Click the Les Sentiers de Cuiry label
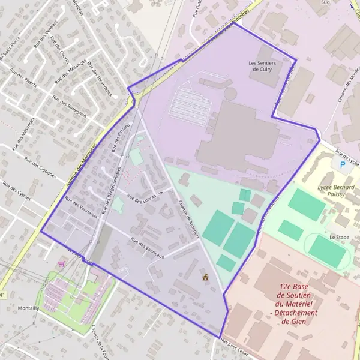point(262,65)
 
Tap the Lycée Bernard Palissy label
point(335,191)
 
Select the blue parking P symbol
point(343,164)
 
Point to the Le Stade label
point(339,238)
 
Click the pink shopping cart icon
point(61,263)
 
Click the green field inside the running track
point(327,251)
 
